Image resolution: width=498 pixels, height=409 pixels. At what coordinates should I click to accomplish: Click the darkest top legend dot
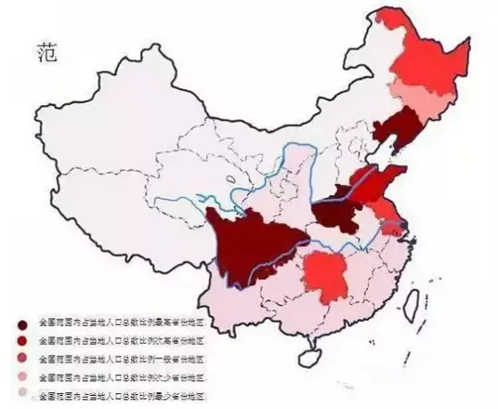point(20,323)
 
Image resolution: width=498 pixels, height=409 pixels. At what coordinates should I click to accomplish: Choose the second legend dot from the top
point(20,340)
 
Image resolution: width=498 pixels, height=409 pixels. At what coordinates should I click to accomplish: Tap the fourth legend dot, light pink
point(20,376)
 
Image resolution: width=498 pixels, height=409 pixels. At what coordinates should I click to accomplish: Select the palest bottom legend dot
point(20,394)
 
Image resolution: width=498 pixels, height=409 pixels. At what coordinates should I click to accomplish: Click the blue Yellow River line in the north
point(279,149)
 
